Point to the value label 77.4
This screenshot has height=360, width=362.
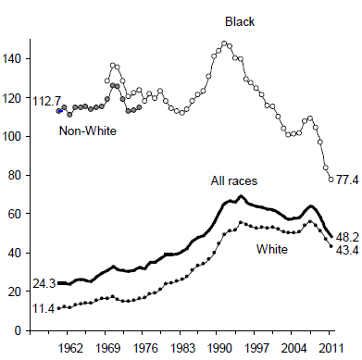pyautogui.click(x=347, y=180)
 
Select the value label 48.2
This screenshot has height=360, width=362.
pyautogui.click(x=347, y=237)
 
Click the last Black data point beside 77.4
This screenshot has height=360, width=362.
pyautogui.click(x=331, y=179)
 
